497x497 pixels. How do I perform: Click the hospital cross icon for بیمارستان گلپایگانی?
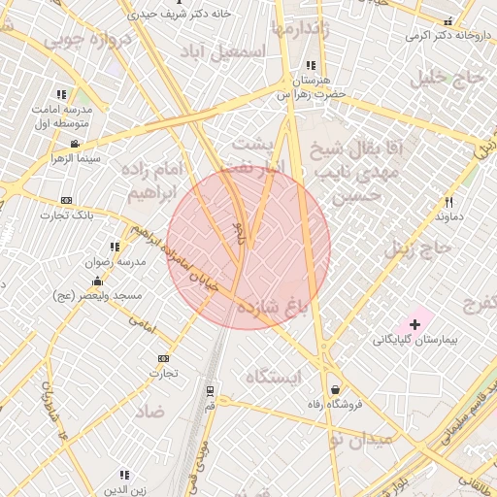click(x=415, y=321)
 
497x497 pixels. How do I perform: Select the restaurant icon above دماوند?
click(x=448, y=202)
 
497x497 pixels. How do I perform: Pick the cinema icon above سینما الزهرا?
click(x=74, y=144)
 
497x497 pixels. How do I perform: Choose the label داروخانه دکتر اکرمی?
click(x=447, y=36)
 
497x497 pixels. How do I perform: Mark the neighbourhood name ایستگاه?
click(x=274, y=376)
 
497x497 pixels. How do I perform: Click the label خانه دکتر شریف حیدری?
click(x=176, y=16)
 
